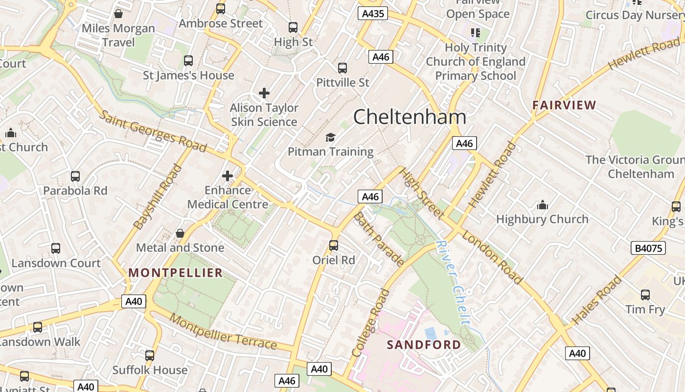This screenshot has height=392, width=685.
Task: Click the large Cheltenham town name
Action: [x=410, y=117]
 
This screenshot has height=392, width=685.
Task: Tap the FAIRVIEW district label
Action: [x=564, y=105]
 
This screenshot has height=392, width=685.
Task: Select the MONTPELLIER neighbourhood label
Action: [x=175, y=273]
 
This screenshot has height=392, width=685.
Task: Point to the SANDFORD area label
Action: [x=424, y=345]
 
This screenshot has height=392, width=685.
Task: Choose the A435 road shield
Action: [x=372, y=13]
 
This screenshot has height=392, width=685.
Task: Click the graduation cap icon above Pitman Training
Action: [x=331, y=137]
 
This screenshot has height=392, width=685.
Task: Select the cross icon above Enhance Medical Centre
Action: [x=228, y=175]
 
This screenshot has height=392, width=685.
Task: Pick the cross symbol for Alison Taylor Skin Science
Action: [x=264, y=93]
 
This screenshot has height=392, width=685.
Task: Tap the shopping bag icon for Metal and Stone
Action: [x=180, y=233]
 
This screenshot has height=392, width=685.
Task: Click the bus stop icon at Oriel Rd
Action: [x=334, y=245]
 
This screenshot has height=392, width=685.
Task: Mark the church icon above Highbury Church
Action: [x=542, y=204]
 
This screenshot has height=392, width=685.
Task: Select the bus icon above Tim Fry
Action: [x=645, y=294]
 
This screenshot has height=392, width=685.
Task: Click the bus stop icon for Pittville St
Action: [x=342, y=68]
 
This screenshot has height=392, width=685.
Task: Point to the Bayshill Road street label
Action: [x=158, y=197]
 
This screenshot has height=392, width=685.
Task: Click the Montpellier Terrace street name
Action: [x=223, y=332]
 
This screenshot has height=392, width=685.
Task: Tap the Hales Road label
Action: [x=596, y=300]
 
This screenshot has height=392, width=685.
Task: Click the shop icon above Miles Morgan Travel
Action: [x=118, y=14]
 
